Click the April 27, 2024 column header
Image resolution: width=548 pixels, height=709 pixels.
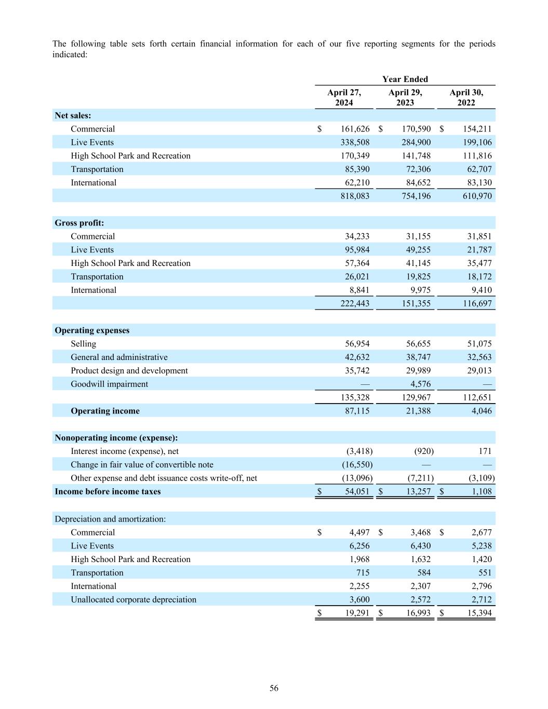click(x=344, y=98)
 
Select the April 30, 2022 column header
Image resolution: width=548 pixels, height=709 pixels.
click(x=466, y=98)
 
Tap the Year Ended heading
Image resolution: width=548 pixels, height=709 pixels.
click(x=405, y=79)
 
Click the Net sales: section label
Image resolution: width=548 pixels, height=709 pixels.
click(x=73, y=115)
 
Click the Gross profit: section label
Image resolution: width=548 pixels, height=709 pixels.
click(x=79, y=223)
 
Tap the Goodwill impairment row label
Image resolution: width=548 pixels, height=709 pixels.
click(x=109, y=384)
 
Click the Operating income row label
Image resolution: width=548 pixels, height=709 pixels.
click(x=105, y=411)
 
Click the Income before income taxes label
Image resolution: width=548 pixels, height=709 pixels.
click(x=108, y=491)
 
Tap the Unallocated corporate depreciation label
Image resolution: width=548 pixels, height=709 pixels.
click(x=133, y=599)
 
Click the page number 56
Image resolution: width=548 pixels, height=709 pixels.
click(x=274, y=688)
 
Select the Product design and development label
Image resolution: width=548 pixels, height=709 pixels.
click(x=129, y=370)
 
